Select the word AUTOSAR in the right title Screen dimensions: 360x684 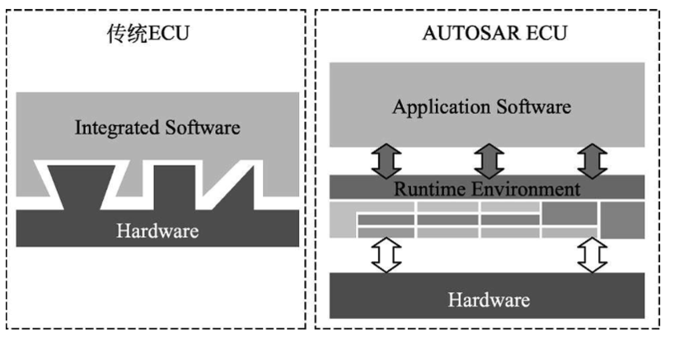pos(460,35)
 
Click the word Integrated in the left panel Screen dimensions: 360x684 pos(110,128)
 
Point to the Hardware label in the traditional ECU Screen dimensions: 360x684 pos(157,230)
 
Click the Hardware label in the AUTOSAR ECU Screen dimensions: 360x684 pos(488,299)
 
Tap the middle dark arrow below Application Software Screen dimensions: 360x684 pos(488,161)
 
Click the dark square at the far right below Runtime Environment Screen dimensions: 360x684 pos(622,219)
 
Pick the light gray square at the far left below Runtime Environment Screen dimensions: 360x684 pos(342,219)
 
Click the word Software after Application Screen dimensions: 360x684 pos(535,107)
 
